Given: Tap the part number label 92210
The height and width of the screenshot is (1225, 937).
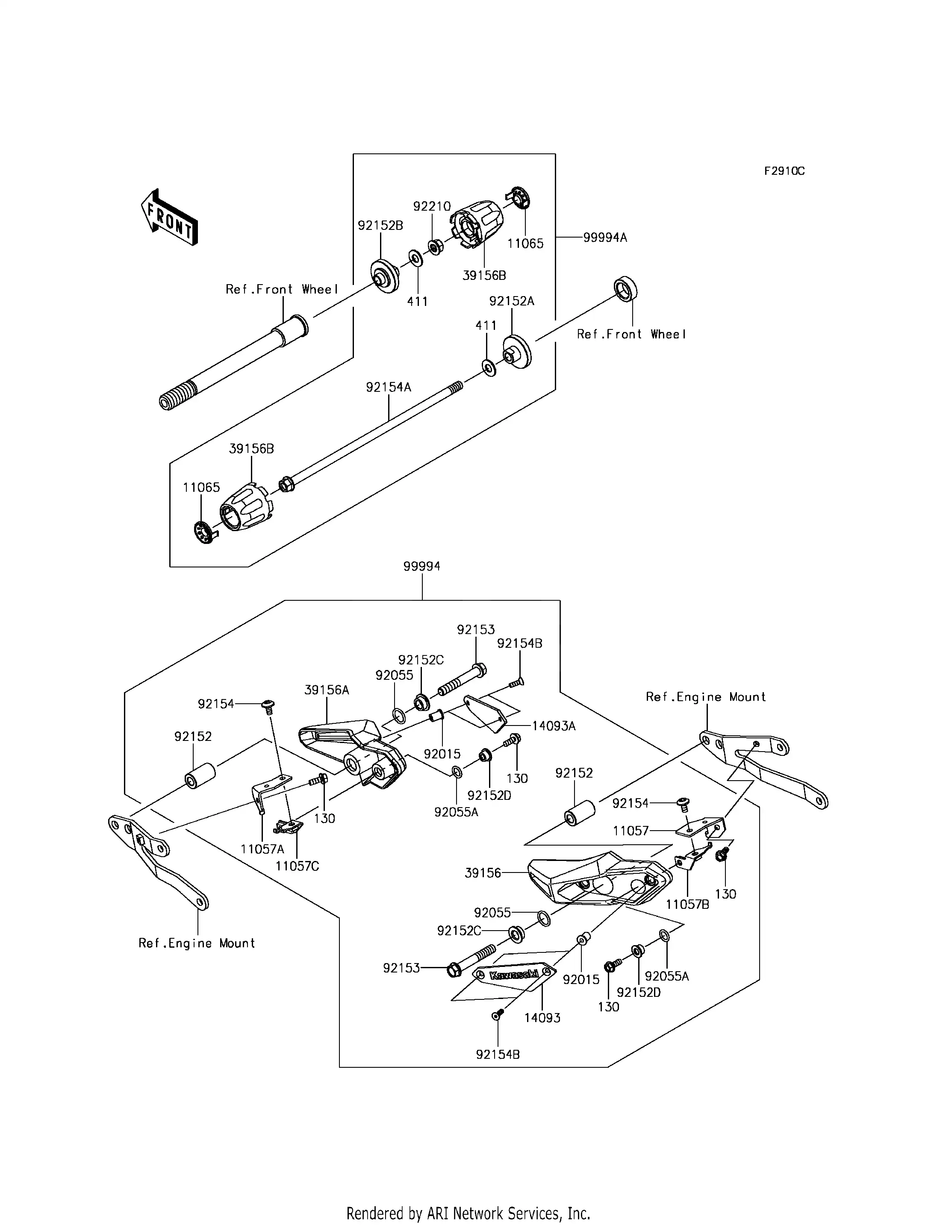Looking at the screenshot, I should click(x=432, y=206).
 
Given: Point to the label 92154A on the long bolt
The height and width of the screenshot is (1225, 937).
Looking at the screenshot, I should click(x=388, y=387).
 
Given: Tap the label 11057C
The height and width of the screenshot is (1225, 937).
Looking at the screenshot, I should click(x=297, y=866).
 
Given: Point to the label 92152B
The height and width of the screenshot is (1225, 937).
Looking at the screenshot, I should click(x=380, y=226).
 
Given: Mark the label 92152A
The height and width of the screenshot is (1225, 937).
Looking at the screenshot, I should click(x=511, y=301).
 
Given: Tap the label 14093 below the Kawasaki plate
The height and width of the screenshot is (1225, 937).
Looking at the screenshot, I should click(x=542, y=1018).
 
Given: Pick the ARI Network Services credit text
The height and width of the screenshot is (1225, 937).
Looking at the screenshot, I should click(x=468, y=1198).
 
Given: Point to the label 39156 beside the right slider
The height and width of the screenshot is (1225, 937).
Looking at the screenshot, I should click(x=483, y=872).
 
